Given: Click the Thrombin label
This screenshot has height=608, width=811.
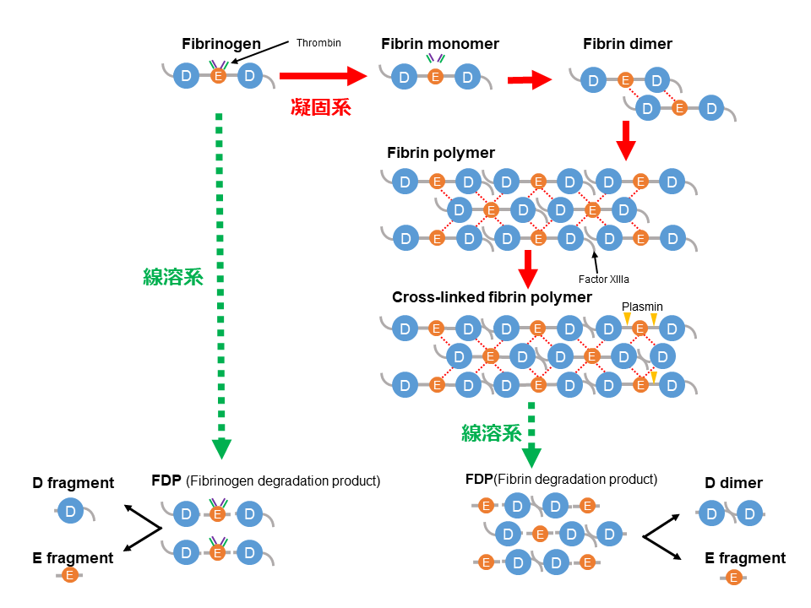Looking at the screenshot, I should pyautogui.click(x=318, y=43).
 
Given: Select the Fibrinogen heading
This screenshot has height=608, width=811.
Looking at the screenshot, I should pyautogui.click(x=221, y=44).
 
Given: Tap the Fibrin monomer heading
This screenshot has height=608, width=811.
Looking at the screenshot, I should pyautogui.click(x=440, y=44).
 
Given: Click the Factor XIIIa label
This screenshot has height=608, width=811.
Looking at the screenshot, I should pyautogui.click(x=604, y=279).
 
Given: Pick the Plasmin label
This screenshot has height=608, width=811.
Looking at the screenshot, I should pyautogui.click(x=642, y=307).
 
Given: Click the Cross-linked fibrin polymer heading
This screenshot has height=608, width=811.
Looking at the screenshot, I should pyautogui.click(x=492, y=297).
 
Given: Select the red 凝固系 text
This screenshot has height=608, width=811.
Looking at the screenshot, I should pyautogui.click(x=320, y=107).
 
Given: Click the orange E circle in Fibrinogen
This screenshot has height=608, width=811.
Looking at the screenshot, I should pyautogui.click(x=218, y=77).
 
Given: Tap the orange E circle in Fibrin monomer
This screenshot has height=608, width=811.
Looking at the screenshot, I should pyautogui.click(x=436, y=78).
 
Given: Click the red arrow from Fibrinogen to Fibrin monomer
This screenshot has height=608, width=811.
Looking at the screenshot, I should pyautogui.click(x=324, y=77).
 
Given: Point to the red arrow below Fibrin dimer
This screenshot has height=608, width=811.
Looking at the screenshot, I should pyautogui.click(x=625, y=140).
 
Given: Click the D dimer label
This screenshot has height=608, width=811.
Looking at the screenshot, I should pyautogui.click(x=734, y=483).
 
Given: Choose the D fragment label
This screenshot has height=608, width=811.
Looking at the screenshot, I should pyautogui.click(x=73, y=483).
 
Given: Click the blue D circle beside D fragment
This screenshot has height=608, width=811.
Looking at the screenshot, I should pyautogui.click(x=70, y=512).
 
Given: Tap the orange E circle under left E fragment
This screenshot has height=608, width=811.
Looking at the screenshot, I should pyautogui.click(x=69, y=576).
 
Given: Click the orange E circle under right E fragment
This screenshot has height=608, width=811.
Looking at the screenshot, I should pyautogui.click(x=734, y=578).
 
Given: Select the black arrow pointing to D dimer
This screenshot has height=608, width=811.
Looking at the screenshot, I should pyautogui.click(x=664, y=525).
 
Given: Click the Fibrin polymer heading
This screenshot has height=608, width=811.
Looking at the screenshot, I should pyautogui.click(x=440, y=154).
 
